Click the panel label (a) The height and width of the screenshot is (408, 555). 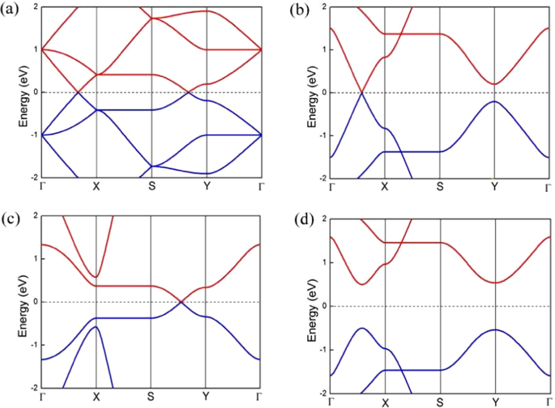tap(11, 11)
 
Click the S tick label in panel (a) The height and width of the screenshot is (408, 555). tap(152, 186)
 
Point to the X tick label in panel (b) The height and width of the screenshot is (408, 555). tap(385, 187)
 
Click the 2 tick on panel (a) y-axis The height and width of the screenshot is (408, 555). tap(34, 6)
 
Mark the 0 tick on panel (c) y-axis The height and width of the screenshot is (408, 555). tap(34, 301)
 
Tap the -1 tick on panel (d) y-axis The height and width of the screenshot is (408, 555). tap(322, 350)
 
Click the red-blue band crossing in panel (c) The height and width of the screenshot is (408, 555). tap(180, 302)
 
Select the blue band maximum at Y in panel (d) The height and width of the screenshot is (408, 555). tap(494, 329)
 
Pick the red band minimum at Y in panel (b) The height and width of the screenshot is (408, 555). tap(494, 84)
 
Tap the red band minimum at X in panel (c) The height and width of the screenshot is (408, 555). tap(96, 277)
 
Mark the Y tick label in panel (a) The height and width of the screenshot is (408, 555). tap(205, 186)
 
